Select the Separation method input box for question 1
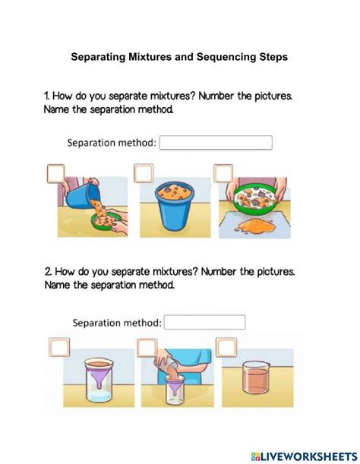point(216,143)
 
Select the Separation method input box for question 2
point(205,322)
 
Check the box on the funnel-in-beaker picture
point(57,347)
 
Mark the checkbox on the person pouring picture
point(144,347)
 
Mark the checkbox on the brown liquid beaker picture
point(226,347)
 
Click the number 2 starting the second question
point(47,271)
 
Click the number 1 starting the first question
point(46,96)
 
